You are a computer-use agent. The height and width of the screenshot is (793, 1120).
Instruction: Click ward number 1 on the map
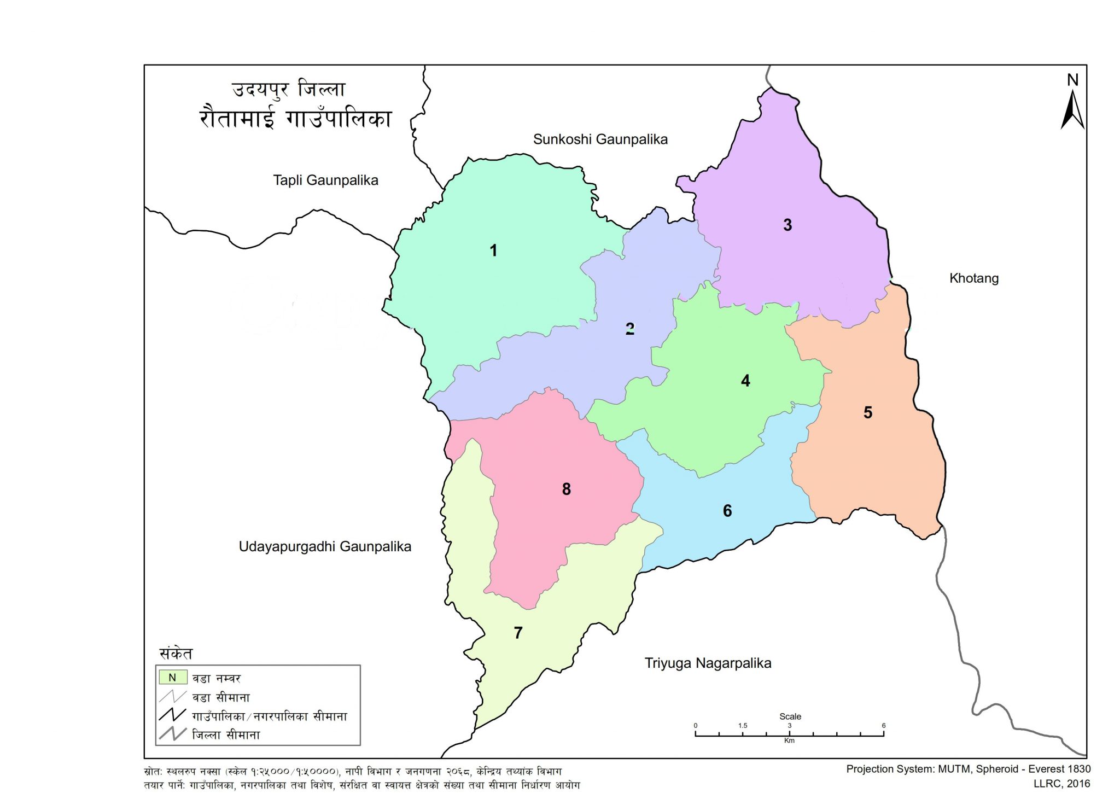coord(493,250)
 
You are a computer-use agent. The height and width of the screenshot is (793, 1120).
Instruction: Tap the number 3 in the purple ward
coord(787,225)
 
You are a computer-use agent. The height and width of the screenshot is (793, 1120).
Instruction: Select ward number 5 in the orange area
coord(868,412)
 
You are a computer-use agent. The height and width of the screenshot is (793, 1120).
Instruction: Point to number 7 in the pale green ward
coord(518,633)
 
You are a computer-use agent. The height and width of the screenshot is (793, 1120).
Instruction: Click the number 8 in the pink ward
coord(567,489)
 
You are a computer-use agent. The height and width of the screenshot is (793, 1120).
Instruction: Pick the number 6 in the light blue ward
coord(727,511)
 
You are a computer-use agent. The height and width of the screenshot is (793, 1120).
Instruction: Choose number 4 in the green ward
coord(745,381)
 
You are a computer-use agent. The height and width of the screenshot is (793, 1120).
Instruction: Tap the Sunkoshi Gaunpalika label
coord(600,139)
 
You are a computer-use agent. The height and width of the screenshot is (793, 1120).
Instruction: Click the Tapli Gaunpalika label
coord(325,180)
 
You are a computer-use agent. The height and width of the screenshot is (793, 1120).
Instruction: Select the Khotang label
coord(973,278)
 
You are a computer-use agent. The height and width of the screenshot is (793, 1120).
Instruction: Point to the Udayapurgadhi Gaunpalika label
coord(325,546)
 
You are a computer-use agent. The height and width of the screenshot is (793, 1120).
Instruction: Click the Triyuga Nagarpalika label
coord(708,663)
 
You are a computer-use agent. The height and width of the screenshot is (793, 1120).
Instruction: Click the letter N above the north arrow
coord(1072,80)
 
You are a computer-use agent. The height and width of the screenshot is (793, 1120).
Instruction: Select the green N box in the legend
coord(173,678)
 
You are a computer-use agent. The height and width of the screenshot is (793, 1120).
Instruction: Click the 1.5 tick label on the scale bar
coord(742,726)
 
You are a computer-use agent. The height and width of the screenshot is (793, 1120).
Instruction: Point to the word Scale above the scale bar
coord(790,716)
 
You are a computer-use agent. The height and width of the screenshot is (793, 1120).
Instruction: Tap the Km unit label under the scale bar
coord(789,740)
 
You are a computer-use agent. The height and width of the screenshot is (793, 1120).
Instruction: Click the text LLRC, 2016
coord(1061,784)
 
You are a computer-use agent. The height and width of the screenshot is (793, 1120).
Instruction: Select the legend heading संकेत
coord(176,654)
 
